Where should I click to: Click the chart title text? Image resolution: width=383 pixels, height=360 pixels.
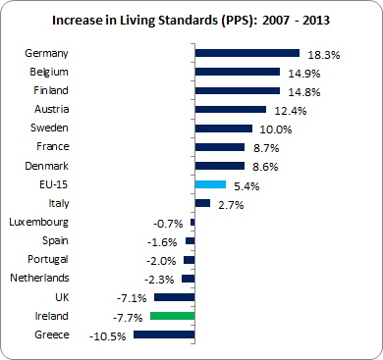191,19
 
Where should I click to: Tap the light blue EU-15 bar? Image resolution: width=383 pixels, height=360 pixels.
211,184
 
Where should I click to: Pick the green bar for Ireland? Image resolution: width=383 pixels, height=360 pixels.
173,316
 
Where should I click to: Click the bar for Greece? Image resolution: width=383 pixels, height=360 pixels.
165,334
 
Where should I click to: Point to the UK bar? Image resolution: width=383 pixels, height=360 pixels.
175,297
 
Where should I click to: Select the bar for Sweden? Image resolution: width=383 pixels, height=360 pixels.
224,128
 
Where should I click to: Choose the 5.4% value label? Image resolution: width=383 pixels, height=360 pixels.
247,184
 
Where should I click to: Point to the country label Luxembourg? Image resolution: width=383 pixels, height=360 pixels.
40,222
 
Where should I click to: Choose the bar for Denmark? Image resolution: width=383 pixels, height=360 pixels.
220,166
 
